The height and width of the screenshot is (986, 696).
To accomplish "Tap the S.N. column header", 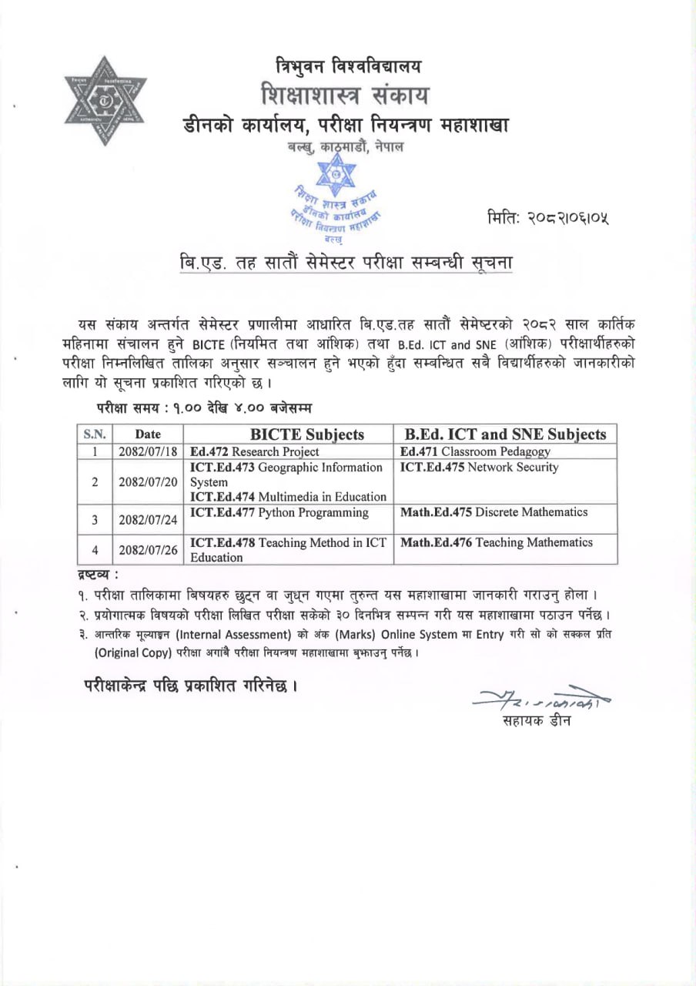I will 94,434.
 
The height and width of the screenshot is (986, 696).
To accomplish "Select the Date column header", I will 148,434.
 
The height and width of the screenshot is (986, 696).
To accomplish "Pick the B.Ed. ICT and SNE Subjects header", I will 505,434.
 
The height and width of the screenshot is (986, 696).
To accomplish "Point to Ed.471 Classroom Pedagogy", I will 476,451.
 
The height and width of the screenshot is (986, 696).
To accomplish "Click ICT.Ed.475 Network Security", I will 480,467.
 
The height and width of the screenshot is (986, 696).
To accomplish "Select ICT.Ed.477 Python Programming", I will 279,512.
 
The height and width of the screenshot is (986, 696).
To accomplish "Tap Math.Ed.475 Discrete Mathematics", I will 494,512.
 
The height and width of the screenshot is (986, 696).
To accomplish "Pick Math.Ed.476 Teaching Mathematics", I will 497,542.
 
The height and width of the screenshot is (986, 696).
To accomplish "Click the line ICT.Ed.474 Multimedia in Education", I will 288,496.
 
